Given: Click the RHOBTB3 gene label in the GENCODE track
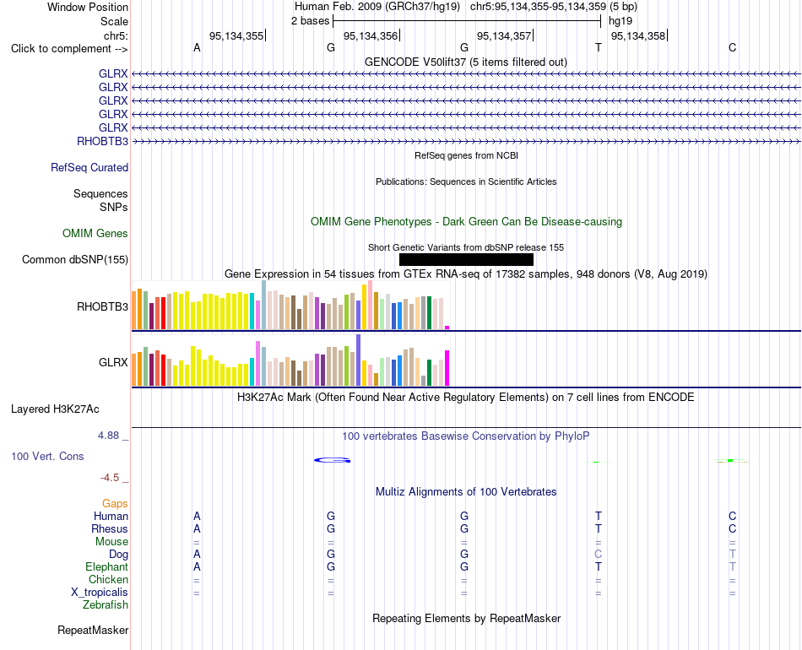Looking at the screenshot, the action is pos(102,141).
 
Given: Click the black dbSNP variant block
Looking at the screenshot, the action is pos(466,259).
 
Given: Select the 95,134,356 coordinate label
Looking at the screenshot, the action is pos(371,35).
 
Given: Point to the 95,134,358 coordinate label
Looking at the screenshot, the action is pos(638,35).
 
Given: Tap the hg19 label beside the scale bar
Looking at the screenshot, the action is pos(620,21).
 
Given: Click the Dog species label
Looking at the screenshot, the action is pos(118,555).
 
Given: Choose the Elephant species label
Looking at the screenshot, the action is pos(106,566).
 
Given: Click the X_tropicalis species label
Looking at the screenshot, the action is pos(100,593).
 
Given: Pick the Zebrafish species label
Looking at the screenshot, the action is pos(106,604).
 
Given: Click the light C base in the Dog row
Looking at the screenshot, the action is pos(599,554).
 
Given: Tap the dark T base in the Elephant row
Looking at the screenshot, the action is pos(599,566).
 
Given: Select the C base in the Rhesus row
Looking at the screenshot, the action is pos(733,528).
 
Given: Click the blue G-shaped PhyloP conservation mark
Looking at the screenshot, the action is pos(332,460).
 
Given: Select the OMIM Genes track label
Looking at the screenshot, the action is pos(95,233).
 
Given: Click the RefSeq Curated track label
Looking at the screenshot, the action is pos(89,167).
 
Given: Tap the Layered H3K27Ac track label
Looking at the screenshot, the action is pos(55,409).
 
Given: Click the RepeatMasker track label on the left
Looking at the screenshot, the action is pos(93,630).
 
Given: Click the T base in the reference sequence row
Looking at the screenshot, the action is pos(599,47).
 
